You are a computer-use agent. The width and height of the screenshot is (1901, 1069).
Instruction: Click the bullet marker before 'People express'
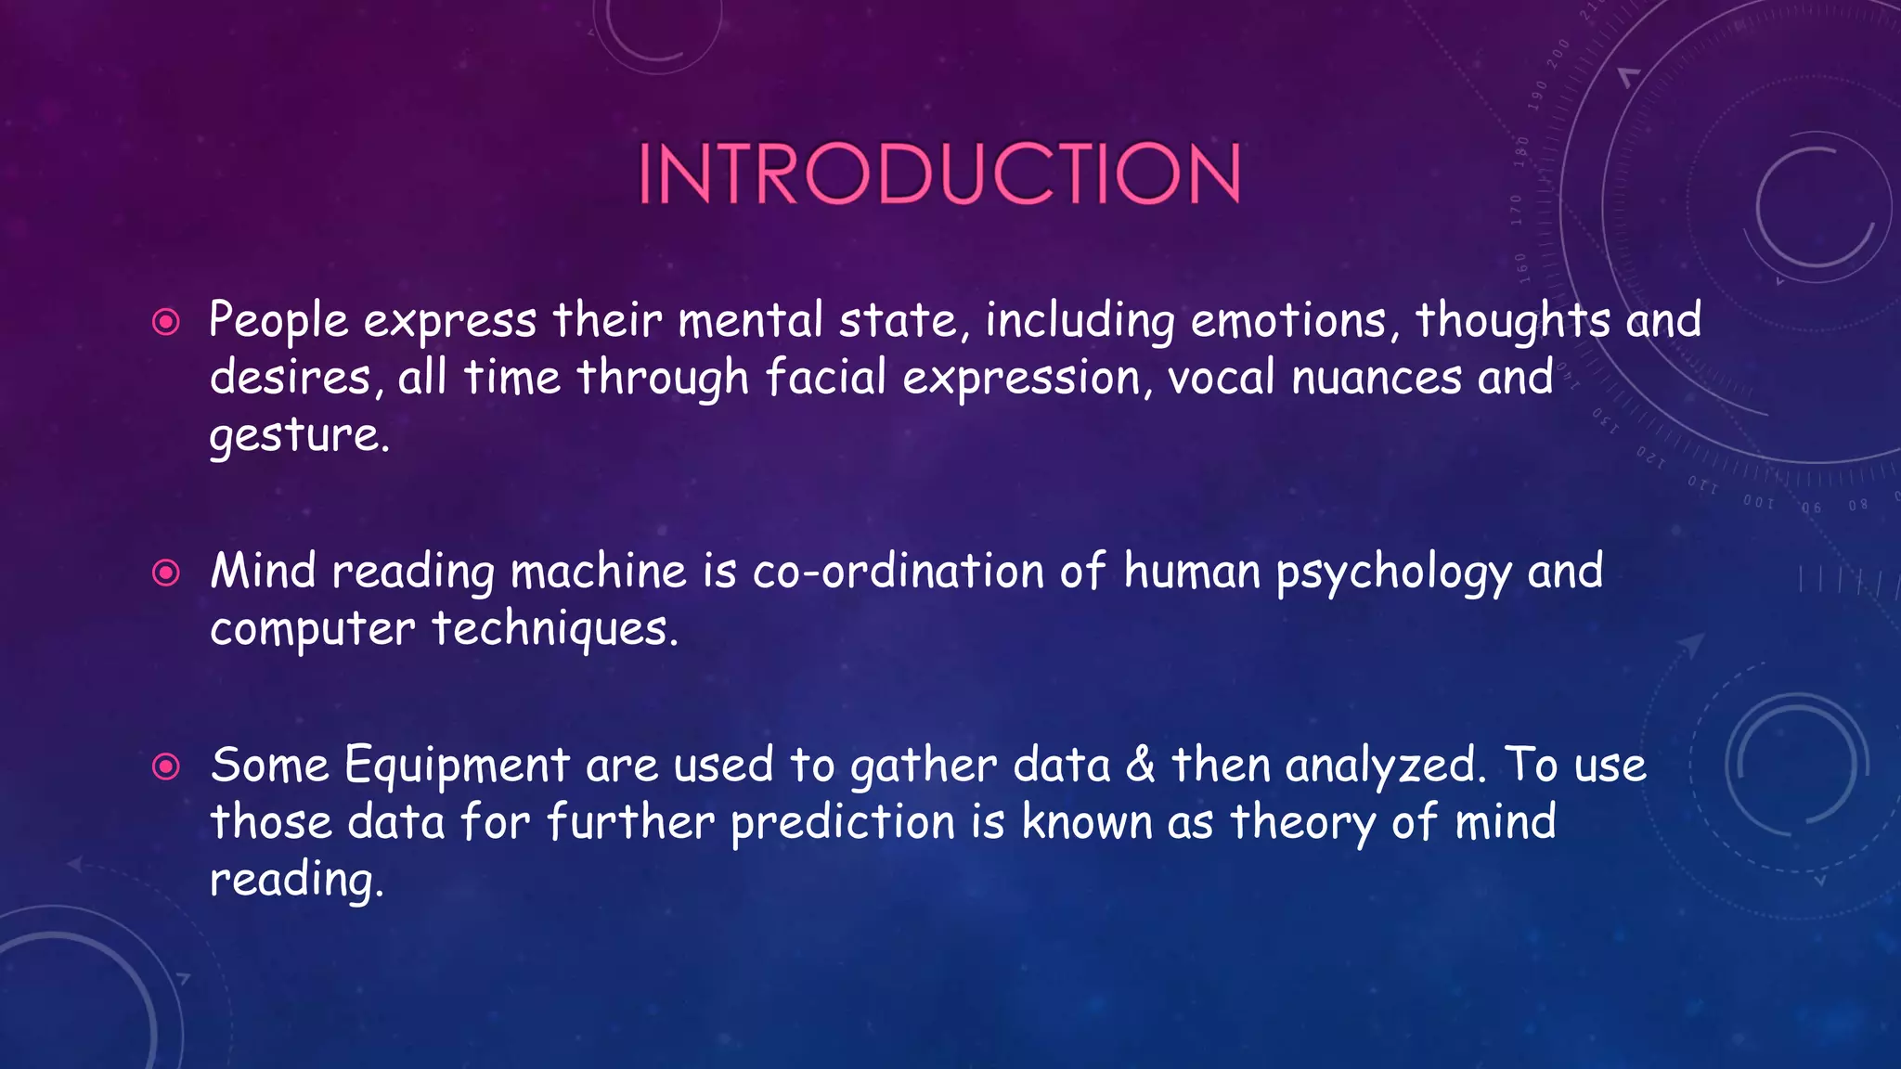coord(166,322)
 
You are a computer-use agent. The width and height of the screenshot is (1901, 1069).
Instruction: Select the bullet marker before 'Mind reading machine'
coord(166,573)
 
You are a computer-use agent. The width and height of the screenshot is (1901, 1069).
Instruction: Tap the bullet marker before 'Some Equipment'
coord(166,766)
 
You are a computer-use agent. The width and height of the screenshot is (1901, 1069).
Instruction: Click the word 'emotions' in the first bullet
coord(1288,320)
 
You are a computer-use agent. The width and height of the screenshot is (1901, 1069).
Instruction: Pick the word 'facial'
coord(825,378)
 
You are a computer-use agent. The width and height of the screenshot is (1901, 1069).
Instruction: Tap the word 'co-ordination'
coord(898,571)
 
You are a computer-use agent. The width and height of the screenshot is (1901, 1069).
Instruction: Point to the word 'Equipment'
coord(456,766)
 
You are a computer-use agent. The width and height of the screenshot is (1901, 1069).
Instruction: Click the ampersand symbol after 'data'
coord(1141,766)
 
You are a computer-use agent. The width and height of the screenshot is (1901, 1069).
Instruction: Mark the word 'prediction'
coord(843,823)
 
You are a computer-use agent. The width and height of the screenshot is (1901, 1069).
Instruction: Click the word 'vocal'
coord(1221,378)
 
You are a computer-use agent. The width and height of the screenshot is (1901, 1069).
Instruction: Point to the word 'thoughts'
coord(1513,320)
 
